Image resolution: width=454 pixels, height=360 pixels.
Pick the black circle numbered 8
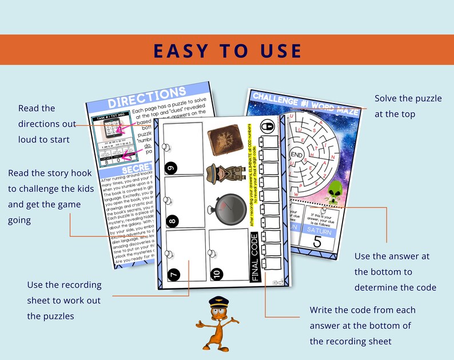[172, 220]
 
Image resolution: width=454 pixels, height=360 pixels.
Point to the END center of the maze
[297, 155]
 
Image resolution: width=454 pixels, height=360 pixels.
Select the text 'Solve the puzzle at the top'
[408, 106]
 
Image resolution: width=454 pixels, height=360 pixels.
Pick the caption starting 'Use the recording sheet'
[64, 300]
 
